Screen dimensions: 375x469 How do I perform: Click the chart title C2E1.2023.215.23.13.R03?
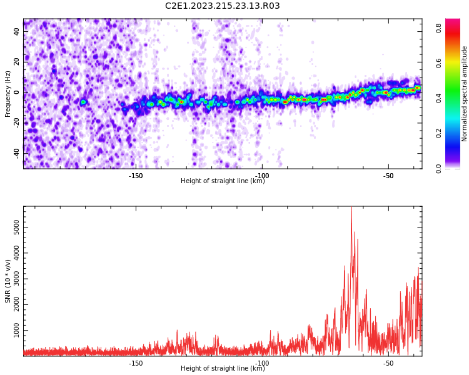tap(222, 6)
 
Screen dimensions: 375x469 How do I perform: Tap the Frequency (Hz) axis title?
tap(8, 94)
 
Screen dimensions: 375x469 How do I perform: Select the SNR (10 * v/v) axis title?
tap(8, 281)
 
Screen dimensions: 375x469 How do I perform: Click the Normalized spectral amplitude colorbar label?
tap(465, 94)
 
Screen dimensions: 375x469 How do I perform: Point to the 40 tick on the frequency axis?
tap(17, 32)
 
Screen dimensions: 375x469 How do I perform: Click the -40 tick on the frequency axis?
tap(16, 152)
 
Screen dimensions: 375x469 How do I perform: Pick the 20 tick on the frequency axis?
tap(17, 62)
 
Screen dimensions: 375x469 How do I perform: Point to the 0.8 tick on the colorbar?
tap(440, 27)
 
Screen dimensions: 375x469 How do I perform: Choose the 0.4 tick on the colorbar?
tap(440, 98)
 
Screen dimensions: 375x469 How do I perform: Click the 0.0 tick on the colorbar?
tap(440, 168)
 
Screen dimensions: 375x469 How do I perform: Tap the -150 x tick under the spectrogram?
tap(136, 176)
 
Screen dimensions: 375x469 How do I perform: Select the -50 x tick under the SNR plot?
tap(388, 363)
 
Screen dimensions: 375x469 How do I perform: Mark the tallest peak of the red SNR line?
tap(351, 208)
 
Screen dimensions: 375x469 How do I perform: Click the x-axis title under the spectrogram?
tap(223, 181)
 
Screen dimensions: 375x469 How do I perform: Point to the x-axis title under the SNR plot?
tap(223, 369)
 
